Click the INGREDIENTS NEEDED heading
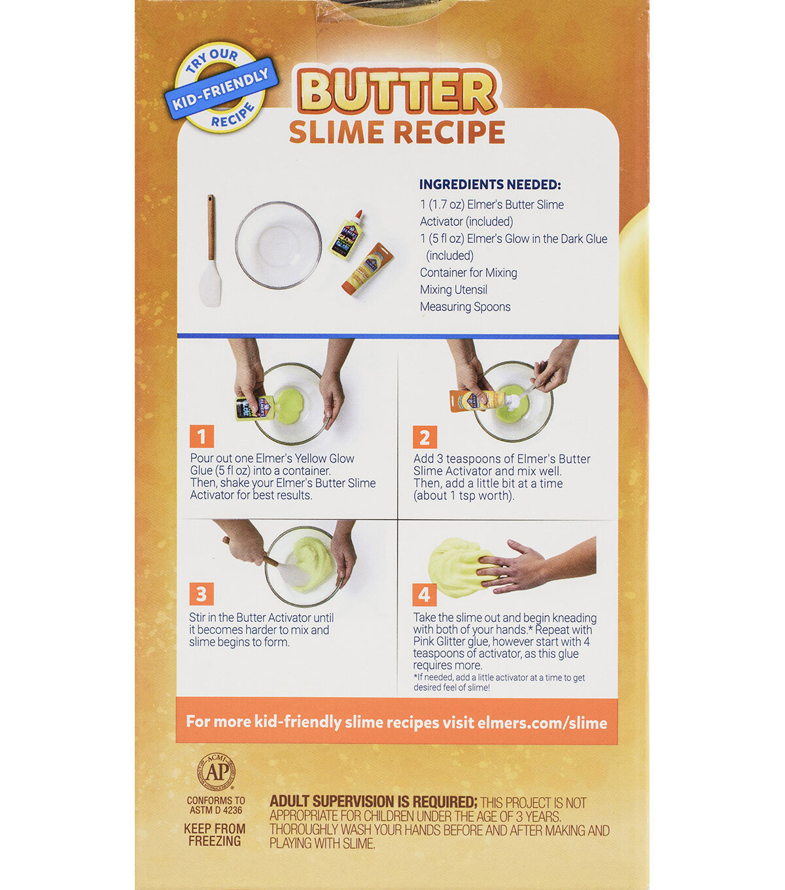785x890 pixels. coord(490,185)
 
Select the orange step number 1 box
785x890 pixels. coord(201,436)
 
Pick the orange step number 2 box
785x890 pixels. coord(425,437)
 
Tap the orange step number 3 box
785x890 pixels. coord(201,594)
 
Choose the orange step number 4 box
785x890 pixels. coord(425,595)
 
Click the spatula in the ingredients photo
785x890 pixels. coord(210,251)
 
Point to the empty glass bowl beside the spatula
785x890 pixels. coord(279,245)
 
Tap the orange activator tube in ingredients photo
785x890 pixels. coord(367,269)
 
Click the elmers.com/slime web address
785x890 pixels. coord(542,722)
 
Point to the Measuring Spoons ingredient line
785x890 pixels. coord(465,307)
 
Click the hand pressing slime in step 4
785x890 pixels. coord(536,565)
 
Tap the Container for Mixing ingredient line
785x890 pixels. coord(468,272)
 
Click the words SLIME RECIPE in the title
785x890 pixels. coord(397,132)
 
